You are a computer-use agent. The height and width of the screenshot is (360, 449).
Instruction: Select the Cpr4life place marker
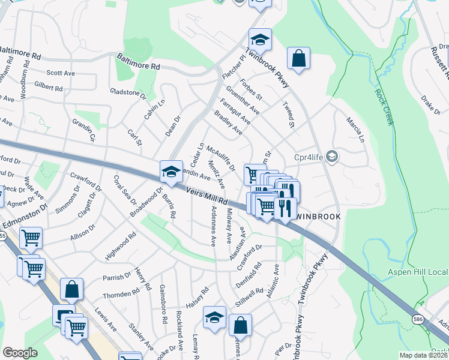[333, 157]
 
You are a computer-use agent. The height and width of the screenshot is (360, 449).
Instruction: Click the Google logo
[20, 352]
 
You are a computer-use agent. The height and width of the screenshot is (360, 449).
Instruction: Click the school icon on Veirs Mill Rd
[170, 172]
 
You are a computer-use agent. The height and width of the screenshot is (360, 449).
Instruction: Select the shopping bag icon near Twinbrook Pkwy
[298, 58]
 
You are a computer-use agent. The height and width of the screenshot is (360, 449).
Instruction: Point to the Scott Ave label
[61, 73]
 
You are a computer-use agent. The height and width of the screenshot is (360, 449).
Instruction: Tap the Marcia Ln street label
[355, 130]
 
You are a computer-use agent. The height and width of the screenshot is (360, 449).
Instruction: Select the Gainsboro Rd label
[162, 304]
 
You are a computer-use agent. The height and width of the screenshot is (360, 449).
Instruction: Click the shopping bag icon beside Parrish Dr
[71, 289]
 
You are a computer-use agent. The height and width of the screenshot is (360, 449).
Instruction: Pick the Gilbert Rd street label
[49, 86]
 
